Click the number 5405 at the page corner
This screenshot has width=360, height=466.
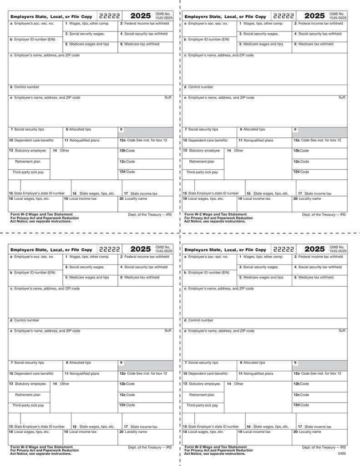click(342, 454)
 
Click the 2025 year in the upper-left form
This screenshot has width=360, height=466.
click(140, 16)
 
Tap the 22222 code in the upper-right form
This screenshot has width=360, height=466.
click(284, 16)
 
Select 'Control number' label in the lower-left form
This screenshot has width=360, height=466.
click(26, 320)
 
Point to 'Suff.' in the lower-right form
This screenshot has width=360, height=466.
click(342, 330)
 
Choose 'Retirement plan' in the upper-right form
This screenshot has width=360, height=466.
click(202, 162)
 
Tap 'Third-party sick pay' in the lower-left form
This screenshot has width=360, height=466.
click(28, 405)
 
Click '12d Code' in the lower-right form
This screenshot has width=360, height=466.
click(301, 405)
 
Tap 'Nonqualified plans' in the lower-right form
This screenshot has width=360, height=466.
click(258, 374)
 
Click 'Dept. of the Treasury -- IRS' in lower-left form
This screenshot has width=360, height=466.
click(150, 447)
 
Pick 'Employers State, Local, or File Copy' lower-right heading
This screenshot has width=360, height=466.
click(225, 250)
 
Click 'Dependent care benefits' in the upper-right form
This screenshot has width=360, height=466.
click(208, 141)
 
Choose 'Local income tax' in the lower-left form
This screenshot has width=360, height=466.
click(82, 432)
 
